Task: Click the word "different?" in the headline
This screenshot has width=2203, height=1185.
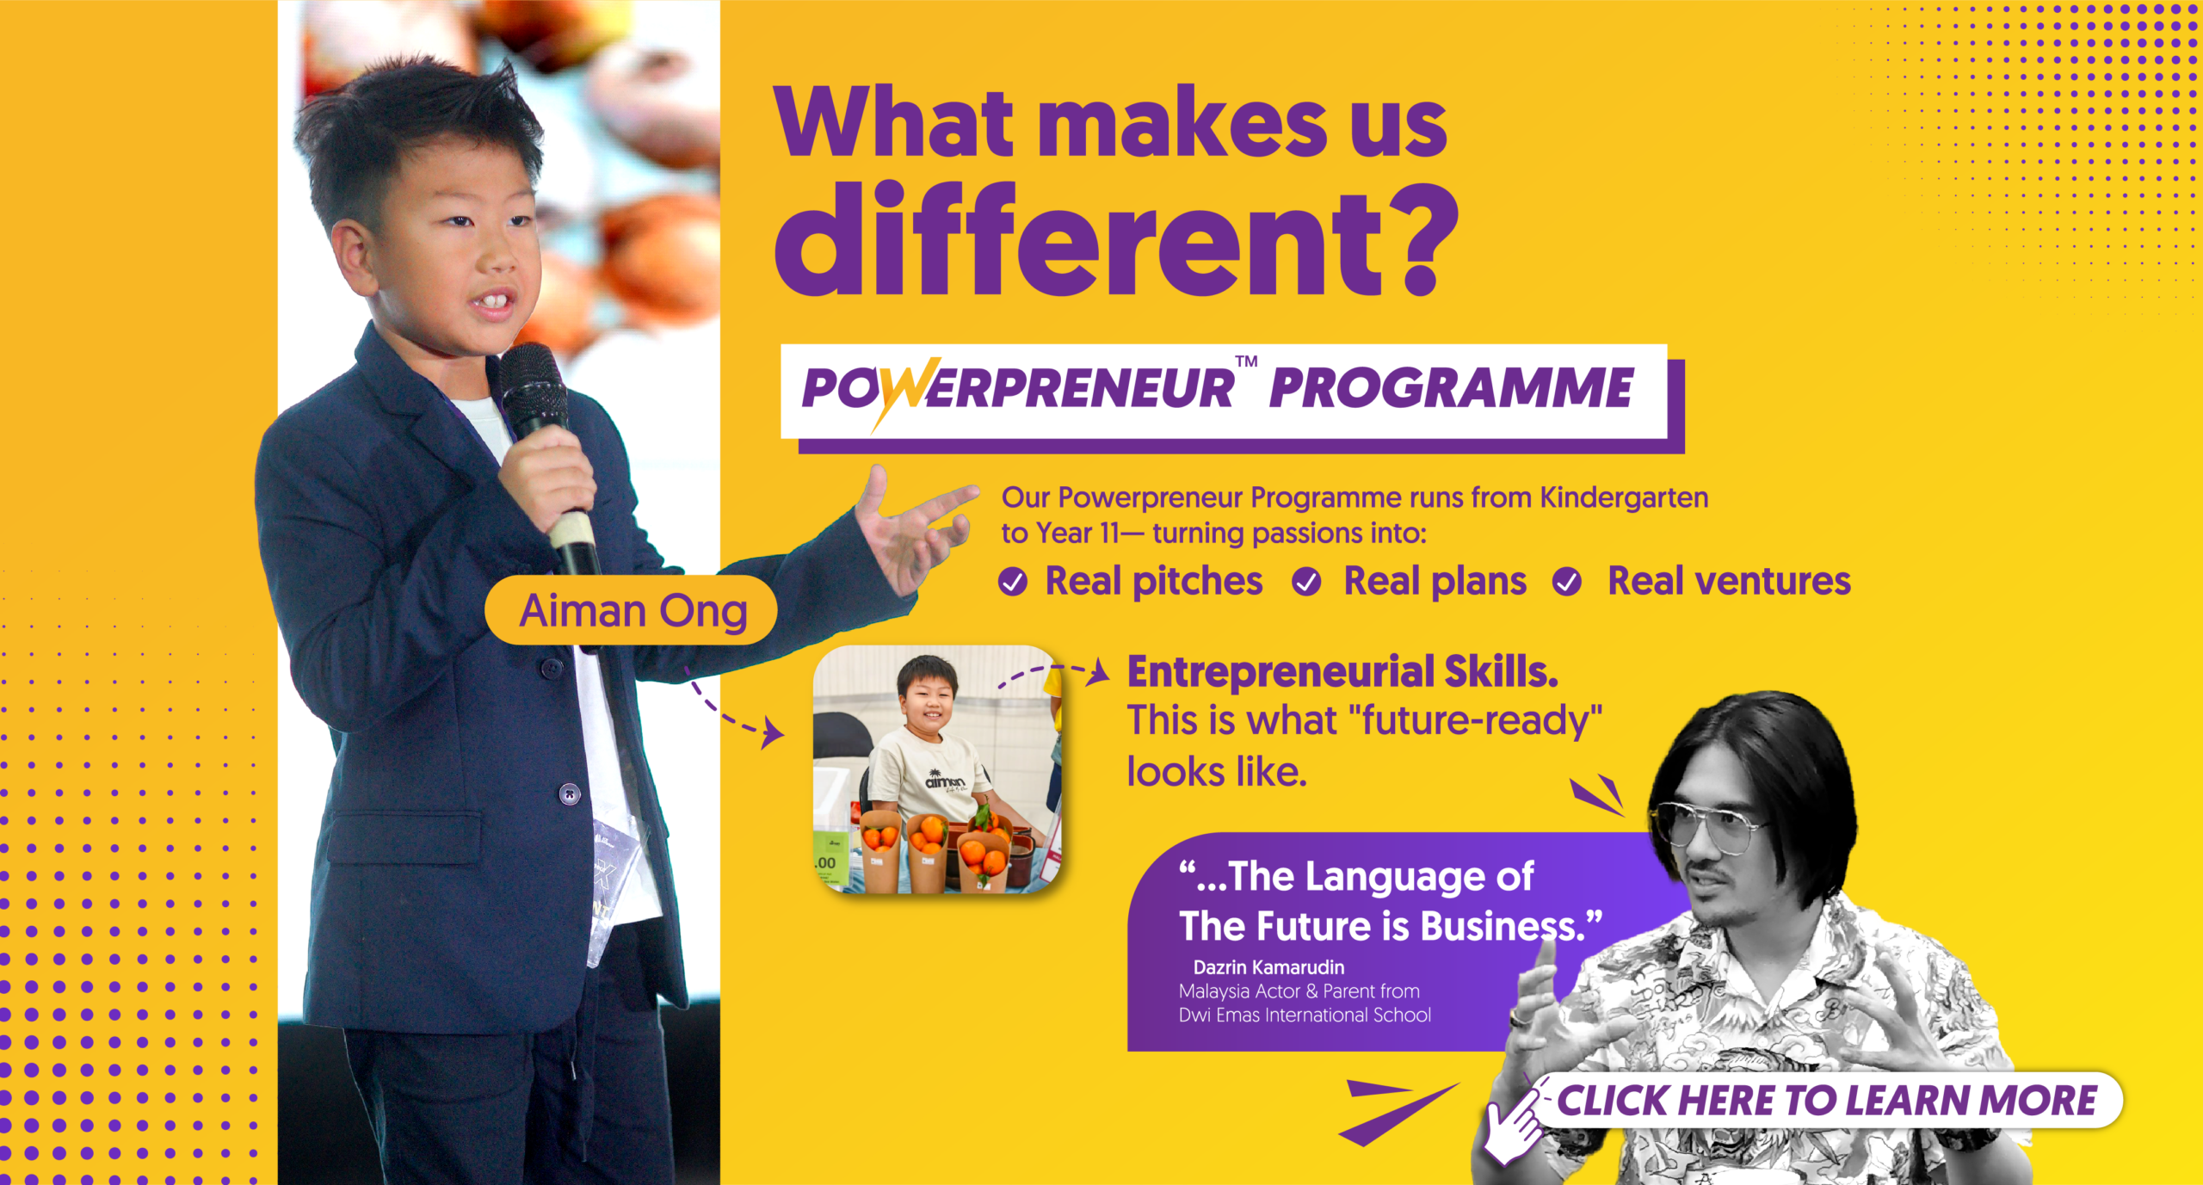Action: (1117, 239)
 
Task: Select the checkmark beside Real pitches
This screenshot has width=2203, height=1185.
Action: (1013, 583)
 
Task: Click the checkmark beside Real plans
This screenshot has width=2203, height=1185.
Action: (1306, 583)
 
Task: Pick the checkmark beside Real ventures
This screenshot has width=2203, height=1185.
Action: (1566, 583)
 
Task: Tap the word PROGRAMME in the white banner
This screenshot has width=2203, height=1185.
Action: (1452, 388)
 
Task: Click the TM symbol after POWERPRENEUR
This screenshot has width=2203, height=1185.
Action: (1246, 361)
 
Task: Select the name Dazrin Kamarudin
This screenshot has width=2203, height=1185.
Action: (1268, 967)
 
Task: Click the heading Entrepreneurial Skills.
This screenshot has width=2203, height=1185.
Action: (1342, 672)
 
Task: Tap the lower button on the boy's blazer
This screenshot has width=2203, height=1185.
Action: (570, 793)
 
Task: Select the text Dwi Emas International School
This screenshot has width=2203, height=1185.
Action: (1305, 1015)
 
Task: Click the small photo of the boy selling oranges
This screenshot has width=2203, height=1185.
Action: (937, 769)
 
